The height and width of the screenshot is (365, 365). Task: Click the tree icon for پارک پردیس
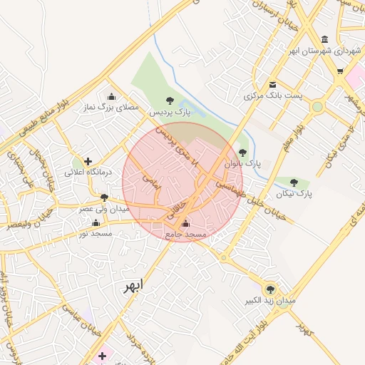pyautogui.click(x=169, y=101)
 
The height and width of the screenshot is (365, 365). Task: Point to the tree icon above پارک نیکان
pyautogui.click(x=294, y=183)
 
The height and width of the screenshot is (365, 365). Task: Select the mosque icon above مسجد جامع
pyautogui.click(x=186, y=223)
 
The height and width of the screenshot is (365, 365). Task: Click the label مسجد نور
pyautogui.click(x=93, y=233)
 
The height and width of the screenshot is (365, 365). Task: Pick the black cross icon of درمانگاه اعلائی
pyautogui.click(x=88, y=162)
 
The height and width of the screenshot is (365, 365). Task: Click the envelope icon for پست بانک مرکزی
pyautogui.click(x=273, y=85)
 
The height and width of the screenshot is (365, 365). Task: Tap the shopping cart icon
pyautogui.click(x=340, y=71)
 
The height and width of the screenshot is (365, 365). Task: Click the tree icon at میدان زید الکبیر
pyautogui.click(x=269, y=289)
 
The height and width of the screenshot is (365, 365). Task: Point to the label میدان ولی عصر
pyautogui.click(x=104, y=209)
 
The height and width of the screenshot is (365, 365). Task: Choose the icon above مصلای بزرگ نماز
pyautogui.click(x=110, y=97)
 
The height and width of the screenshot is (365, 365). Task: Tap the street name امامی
pyautogui.click(x=152, y=182)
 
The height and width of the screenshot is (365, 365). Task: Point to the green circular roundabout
pyautogui.click(x=317, y=107)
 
